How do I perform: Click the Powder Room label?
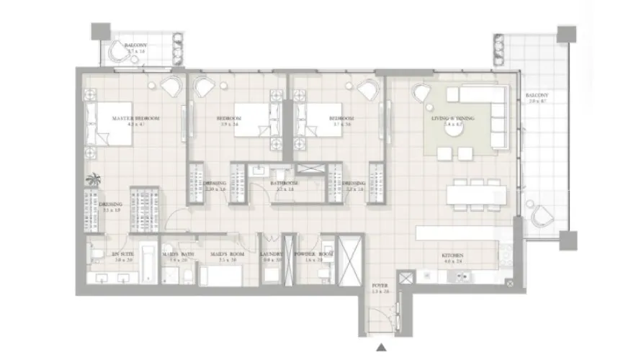[317, 255]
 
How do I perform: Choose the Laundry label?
[272, 255]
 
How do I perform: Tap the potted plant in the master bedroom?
[92, 180]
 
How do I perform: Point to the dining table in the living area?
[476, 194]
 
